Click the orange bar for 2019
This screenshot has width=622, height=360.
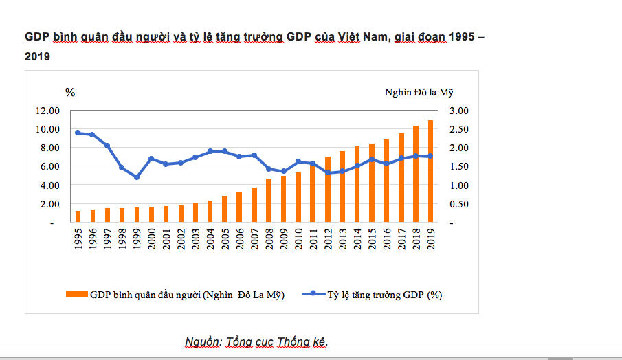[431, 172]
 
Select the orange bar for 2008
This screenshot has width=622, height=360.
[269, 201]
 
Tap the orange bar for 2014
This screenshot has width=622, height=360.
[357, 184]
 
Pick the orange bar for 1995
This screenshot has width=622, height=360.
[78, 216]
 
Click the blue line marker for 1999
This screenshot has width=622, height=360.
[137, 177]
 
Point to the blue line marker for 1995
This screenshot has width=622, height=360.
[78, 133]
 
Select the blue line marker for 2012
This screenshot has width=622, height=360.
[328, 173]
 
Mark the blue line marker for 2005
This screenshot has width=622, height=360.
[225, 151]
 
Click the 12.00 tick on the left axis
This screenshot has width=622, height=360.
[48, 111]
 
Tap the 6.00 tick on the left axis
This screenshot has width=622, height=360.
[48, 167]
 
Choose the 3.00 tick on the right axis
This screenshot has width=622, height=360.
[458, 111]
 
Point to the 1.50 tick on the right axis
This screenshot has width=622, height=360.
[458, 167]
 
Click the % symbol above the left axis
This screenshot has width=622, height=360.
[69, 92]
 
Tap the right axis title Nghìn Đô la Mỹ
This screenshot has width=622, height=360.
[420, 92]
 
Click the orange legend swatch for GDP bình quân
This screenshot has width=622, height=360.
[77, 294]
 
